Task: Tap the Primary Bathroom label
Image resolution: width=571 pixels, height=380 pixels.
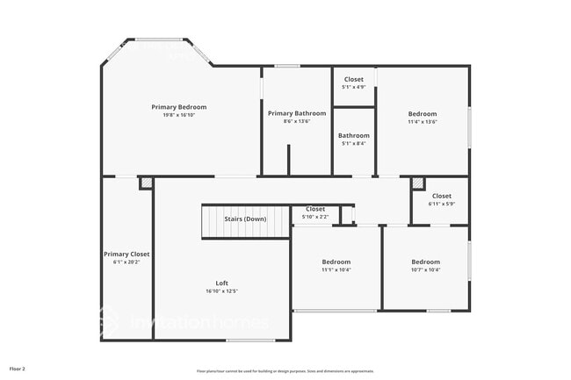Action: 297,113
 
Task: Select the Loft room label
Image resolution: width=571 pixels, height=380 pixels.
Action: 222,283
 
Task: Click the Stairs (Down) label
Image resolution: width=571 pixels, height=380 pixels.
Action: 245,219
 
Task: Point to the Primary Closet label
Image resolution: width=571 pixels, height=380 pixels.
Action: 126,254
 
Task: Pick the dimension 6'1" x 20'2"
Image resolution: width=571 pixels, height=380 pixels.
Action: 126,262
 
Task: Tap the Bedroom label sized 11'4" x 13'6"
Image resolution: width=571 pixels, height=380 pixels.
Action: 422,114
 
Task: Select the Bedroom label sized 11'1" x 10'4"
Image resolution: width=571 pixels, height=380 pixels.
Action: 336,262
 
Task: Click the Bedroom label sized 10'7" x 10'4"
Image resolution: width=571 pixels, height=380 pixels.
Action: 425,262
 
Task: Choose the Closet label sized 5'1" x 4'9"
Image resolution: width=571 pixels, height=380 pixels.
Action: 353,80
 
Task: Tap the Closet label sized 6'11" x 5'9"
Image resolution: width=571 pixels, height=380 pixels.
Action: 441,196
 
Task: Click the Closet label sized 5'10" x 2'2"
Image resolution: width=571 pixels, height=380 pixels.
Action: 315,209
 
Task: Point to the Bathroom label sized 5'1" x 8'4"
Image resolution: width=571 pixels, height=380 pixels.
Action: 353,136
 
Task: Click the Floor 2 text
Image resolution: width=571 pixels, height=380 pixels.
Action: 18,369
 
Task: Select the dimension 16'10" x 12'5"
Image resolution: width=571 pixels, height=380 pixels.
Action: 222,290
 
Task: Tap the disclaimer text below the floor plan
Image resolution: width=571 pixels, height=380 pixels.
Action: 285,370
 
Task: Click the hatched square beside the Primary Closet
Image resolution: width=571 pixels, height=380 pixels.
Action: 146,183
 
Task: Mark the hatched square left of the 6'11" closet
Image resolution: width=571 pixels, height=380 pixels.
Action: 418,183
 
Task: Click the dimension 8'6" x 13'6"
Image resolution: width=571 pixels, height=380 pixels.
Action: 297,121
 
